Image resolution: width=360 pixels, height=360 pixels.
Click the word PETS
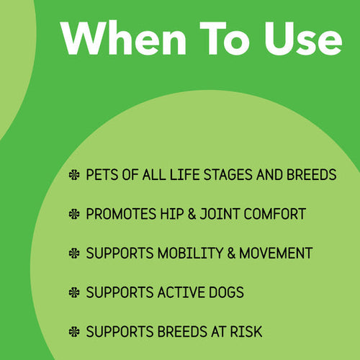(x=101, y=176)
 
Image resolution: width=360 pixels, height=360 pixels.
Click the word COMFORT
(x=276, y=215)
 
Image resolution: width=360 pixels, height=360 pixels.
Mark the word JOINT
(x=225, y=215)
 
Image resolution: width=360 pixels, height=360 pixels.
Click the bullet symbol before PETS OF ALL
(x=74, y=176)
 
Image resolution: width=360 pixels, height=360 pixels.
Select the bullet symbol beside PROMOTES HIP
(x=74, y=215)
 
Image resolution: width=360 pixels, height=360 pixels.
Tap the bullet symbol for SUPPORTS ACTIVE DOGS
(x=74, y=293)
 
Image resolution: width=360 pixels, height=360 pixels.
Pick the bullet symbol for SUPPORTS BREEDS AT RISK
(x=74, y=332)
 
